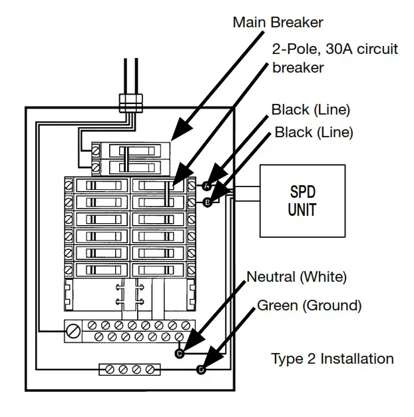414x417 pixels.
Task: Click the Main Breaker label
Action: click(278, 22)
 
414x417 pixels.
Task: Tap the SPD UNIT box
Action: click(302, 201)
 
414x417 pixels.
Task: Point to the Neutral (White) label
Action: click(296, 276)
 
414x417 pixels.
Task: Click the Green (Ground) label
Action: click(309, 306)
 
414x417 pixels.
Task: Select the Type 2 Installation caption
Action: click(332, 358)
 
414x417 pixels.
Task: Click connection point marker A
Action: click(206, 187)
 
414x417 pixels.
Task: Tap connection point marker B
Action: click(206, 201)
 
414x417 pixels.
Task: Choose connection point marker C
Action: click(179, 354)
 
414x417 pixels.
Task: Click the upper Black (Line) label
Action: click(310, 109)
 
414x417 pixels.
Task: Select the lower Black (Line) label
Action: click(313, 133)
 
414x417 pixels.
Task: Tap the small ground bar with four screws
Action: click(130, 369)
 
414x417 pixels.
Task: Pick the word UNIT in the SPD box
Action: click(302, 209)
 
